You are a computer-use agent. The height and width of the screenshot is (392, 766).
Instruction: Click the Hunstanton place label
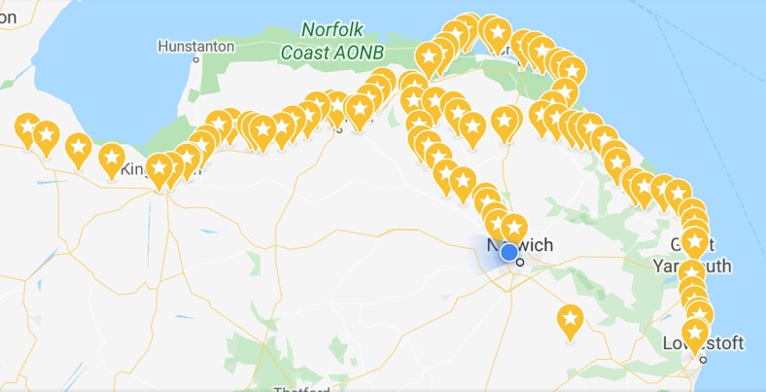[194, 46]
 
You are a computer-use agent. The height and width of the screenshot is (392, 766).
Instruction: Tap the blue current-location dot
[508, 252]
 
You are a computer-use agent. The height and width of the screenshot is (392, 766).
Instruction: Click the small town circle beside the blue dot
[521, 261]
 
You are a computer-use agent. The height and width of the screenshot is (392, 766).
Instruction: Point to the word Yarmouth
[702, 267]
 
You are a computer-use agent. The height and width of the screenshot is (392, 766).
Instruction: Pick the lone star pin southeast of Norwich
[570, 318]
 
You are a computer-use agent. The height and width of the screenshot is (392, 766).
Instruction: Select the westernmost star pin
[27, 126]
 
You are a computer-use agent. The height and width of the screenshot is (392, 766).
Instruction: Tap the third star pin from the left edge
[78, 147]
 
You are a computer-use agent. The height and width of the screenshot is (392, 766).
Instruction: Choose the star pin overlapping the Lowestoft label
[695, 333]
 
